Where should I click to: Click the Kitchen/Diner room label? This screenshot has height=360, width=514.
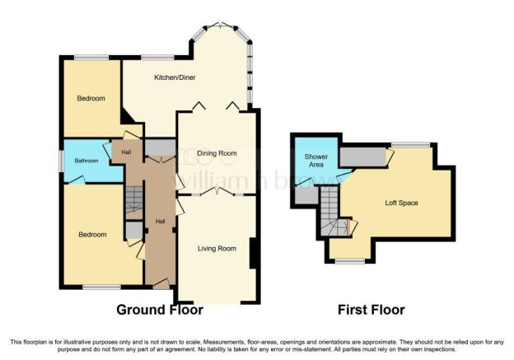pyautogui.click(x=175, y=77)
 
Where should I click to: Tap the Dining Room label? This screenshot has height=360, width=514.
pyautogui.click(x=217, y=153)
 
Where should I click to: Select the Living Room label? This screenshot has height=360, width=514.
pyautogui.click(x=217, y=249)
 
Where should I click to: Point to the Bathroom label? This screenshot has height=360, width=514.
pyautogui.click(x=86, y=161)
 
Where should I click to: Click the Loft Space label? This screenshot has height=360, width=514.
pyautogui.click(x=401, y=203)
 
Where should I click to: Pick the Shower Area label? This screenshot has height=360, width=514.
pyautogui.click(x=316, y=161)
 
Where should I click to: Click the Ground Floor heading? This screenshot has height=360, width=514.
pyautogui.click(x=160, y=310)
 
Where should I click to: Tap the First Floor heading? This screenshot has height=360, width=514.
pyautogui.click(x=371, y=310)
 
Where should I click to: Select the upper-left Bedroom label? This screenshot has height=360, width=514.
pyautogui.click(x=91, y=98)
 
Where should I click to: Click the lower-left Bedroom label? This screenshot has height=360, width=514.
pyautogui.click(x=92, y=235)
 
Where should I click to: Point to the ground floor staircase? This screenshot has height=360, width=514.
pyautogui.click(x=134, y=199)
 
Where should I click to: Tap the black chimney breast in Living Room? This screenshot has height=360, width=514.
pyautogui.click(x=253, y=254)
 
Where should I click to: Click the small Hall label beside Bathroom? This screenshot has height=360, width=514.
pyautogui.click(x=126, y=152)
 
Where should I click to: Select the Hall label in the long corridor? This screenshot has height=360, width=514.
pyautogui.click(x=160, y=222)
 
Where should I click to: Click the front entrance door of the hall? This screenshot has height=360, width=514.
pyautogui.click(x=161, y=284)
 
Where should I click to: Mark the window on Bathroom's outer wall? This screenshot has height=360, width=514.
pyautogui.click(x=61, y=161)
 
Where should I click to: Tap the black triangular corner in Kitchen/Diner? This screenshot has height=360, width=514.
pyautogui.click(x=126, y=117)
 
